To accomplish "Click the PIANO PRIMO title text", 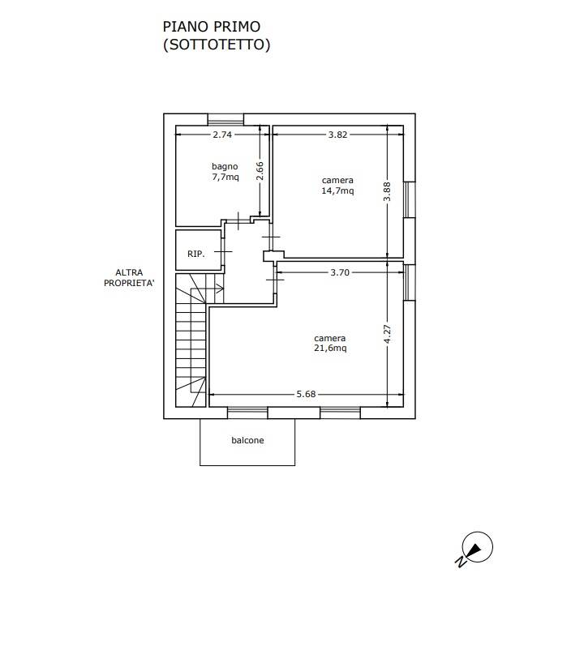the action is (x=211, y=27).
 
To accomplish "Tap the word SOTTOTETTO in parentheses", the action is (x=217, y=45).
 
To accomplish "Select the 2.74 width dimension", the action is (x=222, y=135).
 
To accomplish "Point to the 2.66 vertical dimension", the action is (x=260, y=171).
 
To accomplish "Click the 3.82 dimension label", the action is (x=337, y=135).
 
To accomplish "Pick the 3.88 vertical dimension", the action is (x=387, y=191).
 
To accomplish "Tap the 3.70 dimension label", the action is (x=340, y=272).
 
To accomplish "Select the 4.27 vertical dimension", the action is (x=387, y=334).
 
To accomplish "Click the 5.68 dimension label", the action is (x=306, y=394).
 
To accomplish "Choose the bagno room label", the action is (x=225, y=167).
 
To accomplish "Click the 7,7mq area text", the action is (x=225, y=177).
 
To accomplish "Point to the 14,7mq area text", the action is (x=337, y=190).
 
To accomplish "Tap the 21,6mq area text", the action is (x=330, y=349).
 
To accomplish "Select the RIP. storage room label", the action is (x=196, y=254).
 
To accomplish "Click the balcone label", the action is (x=247, y=440).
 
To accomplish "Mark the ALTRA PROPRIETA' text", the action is (x=129, y=278).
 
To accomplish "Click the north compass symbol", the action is (x=477, y=547).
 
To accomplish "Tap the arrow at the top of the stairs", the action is (x=214, y=288).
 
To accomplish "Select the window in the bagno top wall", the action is (x=225, y=119).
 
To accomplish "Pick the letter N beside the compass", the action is (x=461, y=562).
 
